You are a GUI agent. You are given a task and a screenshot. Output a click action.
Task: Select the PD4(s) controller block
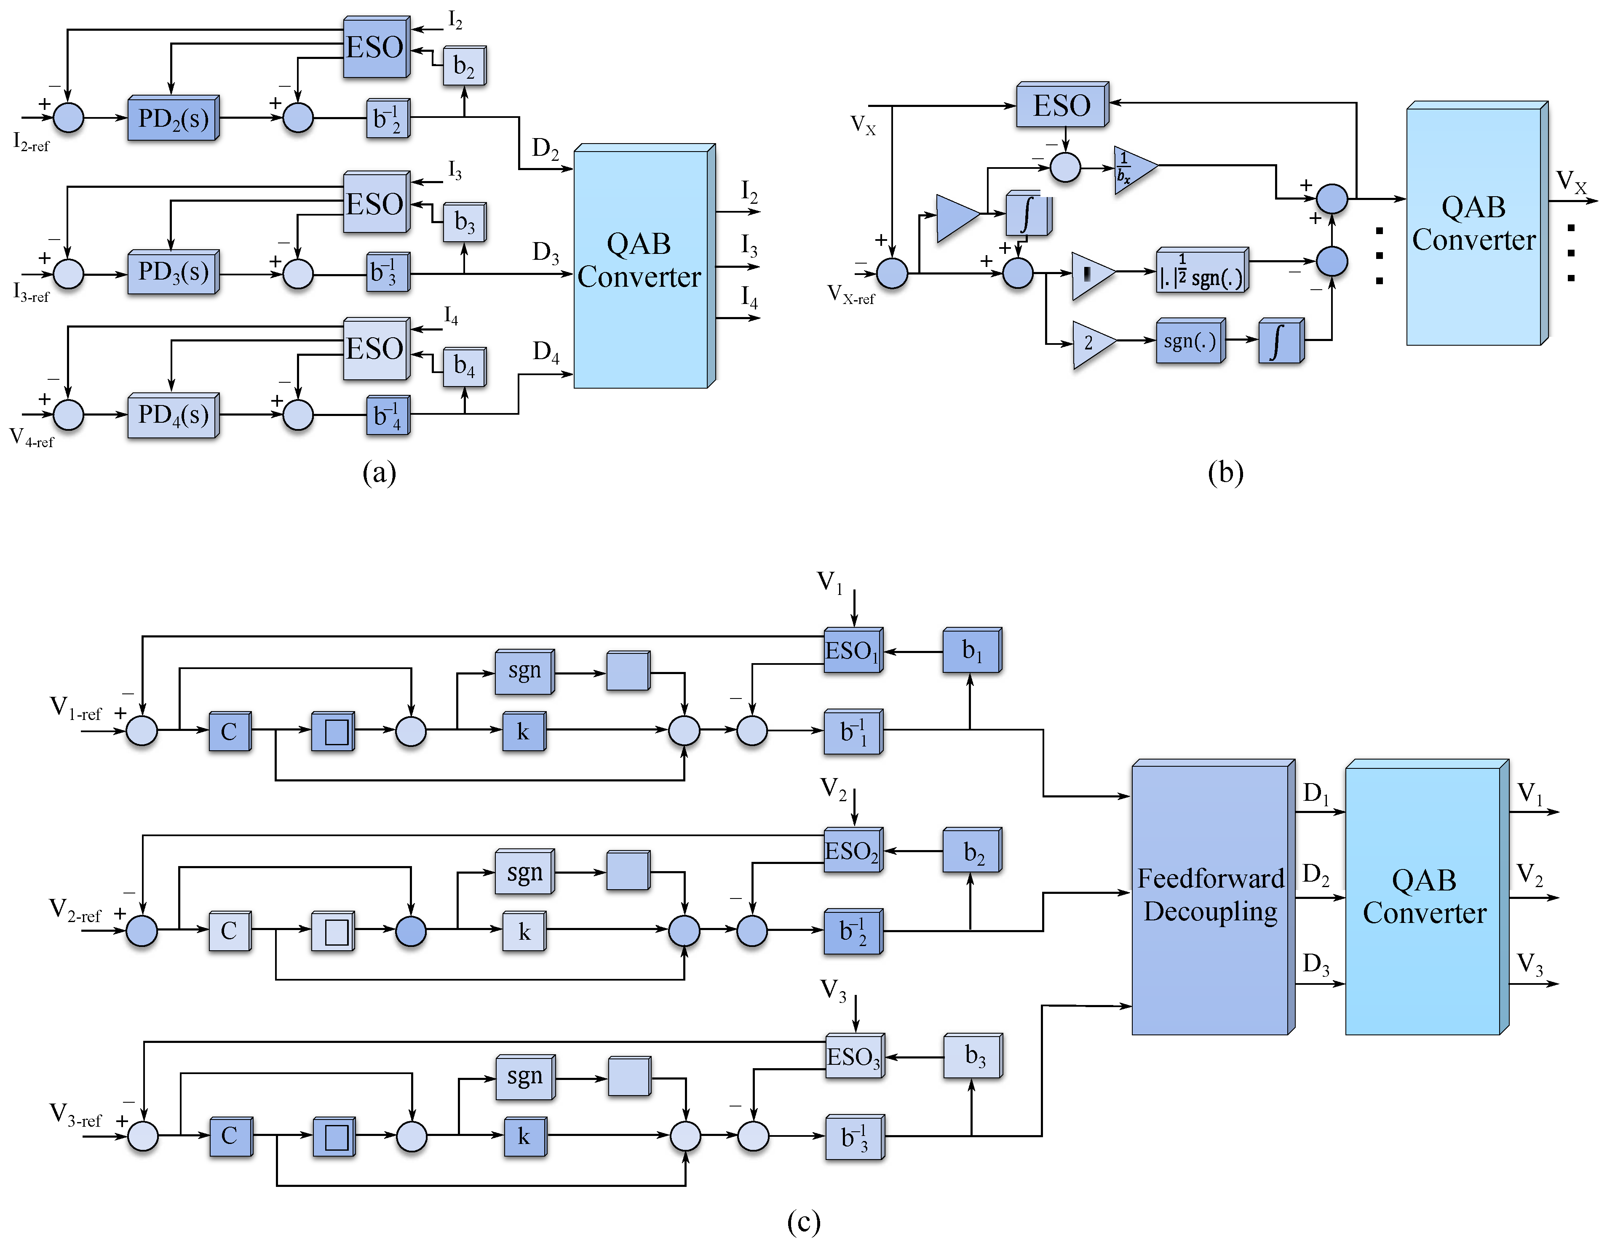(x=173, y=416)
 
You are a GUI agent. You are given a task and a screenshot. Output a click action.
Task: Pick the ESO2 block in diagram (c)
(x=852, y=852)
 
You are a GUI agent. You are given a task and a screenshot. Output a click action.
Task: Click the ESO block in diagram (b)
(x=1061, y=105)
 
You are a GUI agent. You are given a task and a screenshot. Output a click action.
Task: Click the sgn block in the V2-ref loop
(x=524, y=872)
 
